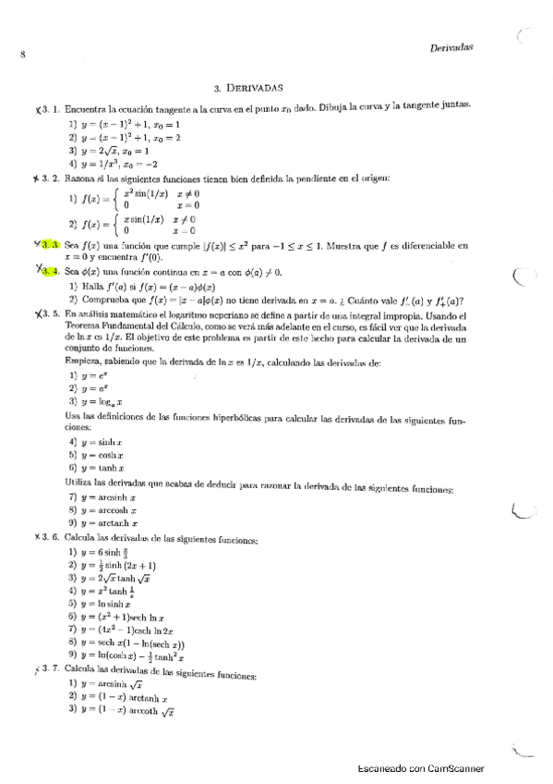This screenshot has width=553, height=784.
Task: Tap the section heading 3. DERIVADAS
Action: click(x=247, y=90)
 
